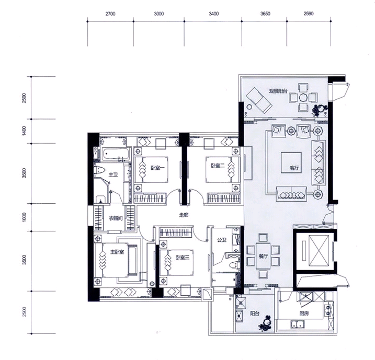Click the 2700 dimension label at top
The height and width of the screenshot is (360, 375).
110,14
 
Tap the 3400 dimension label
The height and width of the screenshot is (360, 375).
213,14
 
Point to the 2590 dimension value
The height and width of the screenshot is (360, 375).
309,14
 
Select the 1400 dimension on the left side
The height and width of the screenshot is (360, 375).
24,131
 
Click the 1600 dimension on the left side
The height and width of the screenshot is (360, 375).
24,217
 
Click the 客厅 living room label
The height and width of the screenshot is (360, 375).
294,168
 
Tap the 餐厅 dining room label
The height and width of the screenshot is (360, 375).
263,257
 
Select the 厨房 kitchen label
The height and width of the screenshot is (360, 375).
304,313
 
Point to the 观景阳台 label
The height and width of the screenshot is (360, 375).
278,91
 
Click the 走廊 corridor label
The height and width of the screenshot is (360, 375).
184,215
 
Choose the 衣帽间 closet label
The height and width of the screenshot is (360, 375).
116,218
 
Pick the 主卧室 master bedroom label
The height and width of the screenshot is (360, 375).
117,252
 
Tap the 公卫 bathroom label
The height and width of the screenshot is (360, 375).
222,240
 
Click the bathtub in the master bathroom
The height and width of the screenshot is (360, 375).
116,154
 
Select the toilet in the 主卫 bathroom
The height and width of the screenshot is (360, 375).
99,170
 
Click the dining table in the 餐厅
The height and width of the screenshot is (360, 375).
263,256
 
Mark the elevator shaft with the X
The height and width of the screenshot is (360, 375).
319,250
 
